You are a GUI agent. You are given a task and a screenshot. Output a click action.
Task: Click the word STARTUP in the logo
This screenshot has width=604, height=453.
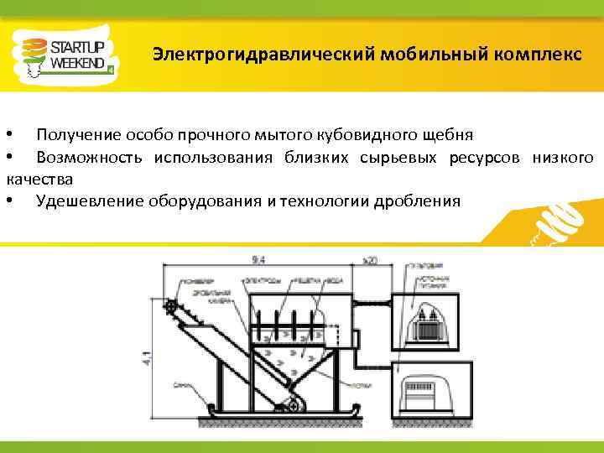pyautogui.click(x=78, y=47)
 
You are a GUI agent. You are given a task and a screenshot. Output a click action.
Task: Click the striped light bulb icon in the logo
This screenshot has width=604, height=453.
pyautogui.click(x=32, y=55)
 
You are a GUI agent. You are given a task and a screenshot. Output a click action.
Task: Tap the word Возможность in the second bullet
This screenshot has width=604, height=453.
pyautogui.click(x=87, y=158)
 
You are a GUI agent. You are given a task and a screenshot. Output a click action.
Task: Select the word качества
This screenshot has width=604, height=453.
pyautogui.click(x=39, y=180)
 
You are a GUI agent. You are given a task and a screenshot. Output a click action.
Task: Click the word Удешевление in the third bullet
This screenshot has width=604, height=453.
pyautogui.click(x=91, y=201)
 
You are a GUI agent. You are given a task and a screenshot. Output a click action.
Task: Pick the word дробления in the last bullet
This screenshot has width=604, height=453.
pyautogui.click(x=419, y=201)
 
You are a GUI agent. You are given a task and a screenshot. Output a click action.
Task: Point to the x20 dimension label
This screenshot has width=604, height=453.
pyautogui.click(x=369, y=261)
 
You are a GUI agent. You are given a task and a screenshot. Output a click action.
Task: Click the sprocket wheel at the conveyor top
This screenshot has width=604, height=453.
pyautogui.click(x=172, y=308)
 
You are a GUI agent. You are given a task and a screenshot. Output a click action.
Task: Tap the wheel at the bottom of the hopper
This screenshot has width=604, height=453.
pyautogui.click(x=292, y=406)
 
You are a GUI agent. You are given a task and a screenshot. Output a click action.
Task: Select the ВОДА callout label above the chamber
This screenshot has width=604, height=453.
pyautogui.click(x=334, y=280)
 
